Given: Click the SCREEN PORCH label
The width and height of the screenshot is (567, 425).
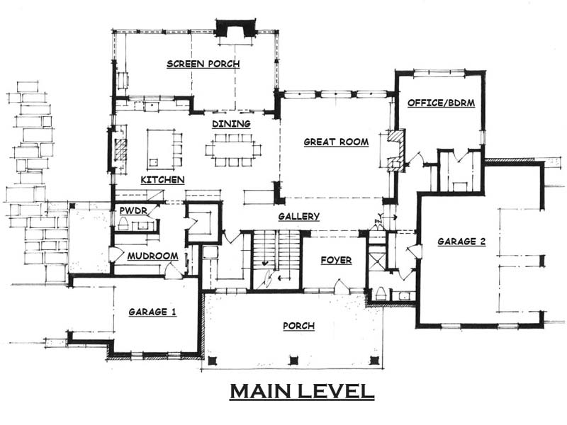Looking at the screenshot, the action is [203, 64].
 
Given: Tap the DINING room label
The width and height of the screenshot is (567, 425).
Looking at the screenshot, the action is [232, 123].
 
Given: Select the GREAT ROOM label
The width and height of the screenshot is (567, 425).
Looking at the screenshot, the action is [336, 142].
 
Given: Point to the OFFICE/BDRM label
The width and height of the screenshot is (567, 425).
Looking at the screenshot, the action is [441, 103].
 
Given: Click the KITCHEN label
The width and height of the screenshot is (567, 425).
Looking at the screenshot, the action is [163, 180].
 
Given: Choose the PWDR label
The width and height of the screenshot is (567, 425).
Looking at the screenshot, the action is [133, 210].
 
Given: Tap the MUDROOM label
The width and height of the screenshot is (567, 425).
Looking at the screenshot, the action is [152, 256].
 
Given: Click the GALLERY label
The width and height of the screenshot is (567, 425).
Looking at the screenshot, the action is [299, 216].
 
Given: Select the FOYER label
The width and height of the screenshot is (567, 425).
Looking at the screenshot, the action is [336, 260].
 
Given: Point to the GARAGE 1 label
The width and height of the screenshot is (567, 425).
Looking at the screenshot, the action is [152, 312].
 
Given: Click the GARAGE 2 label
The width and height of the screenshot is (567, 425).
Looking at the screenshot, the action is [462, 242].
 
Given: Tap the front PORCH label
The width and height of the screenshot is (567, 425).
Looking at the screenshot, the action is [298, 326].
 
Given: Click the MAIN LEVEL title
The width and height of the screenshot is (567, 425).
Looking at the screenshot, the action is [302, 392].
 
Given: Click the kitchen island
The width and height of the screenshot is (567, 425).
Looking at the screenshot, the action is [161, 149].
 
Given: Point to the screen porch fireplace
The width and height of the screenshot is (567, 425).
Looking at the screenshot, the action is [236, 28].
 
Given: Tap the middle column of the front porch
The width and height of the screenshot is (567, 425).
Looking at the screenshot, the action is [294, 361].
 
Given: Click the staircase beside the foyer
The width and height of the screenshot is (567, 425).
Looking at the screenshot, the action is [276, 259].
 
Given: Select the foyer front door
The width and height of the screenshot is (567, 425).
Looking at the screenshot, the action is [341, 286].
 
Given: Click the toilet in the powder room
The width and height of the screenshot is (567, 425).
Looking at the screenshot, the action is [123, 223].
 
